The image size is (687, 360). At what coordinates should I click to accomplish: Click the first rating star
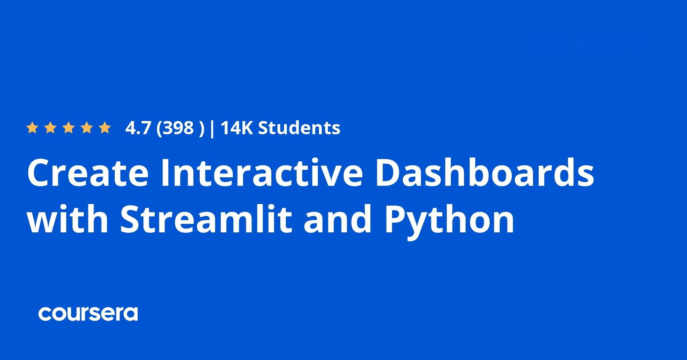(32, 128)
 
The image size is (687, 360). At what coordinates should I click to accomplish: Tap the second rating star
(50, 128)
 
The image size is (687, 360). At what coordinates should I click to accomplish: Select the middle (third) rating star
(69, 128)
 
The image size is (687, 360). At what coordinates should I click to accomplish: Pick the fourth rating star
(87, 128)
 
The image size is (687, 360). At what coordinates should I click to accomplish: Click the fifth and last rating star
(105, 128)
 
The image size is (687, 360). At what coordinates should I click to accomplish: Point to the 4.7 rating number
(138, 128)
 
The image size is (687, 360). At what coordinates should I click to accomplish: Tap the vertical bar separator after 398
(212, 128)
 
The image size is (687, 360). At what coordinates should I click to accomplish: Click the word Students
(299, 128)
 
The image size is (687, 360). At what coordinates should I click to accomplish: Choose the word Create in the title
(88, 173)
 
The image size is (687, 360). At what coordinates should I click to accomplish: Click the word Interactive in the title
(262, 173)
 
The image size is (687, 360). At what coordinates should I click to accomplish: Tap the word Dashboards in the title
(485, 173)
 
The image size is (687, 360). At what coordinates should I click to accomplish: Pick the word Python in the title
(449, 221)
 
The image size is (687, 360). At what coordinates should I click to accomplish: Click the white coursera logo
(88, 314)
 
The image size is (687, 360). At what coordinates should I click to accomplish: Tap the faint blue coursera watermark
(589, 45)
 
